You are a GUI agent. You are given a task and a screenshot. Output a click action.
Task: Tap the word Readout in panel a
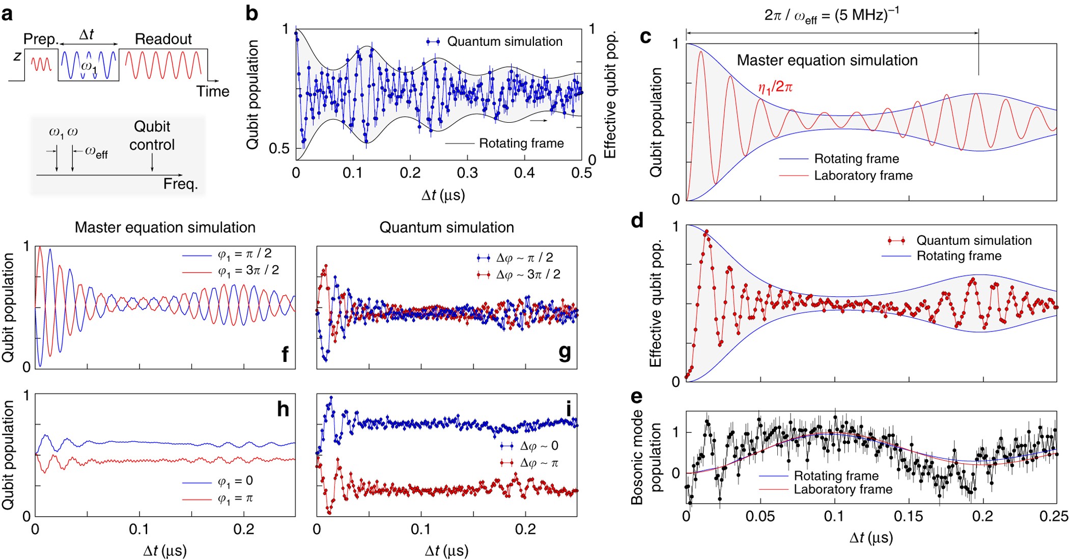pos(163,39)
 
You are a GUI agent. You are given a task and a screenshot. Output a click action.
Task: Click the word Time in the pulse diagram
pos(212,92)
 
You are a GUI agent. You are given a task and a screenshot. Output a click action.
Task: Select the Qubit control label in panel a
pos(152,135)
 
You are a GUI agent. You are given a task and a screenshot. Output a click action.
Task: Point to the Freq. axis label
pos(180,184)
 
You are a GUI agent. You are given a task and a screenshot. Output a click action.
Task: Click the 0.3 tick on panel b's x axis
pos(467,173)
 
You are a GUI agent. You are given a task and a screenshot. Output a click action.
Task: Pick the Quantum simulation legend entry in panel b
pos(504,42)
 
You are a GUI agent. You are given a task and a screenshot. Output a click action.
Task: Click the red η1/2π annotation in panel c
pos(775,88)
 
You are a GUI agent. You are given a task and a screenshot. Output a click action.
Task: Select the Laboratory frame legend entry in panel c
pos(863,176)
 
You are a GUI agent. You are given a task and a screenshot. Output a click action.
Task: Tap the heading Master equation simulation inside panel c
pos(827,61)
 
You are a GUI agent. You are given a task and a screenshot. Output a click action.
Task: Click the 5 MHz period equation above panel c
pos(831,15)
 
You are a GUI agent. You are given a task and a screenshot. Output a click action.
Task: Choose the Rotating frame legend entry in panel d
pos(959,256)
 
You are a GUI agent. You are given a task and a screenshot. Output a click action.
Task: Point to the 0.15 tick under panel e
pos(908,516)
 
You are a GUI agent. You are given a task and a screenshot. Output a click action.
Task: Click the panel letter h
pos(283,409)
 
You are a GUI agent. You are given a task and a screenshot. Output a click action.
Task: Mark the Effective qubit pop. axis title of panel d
pos(655,303)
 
